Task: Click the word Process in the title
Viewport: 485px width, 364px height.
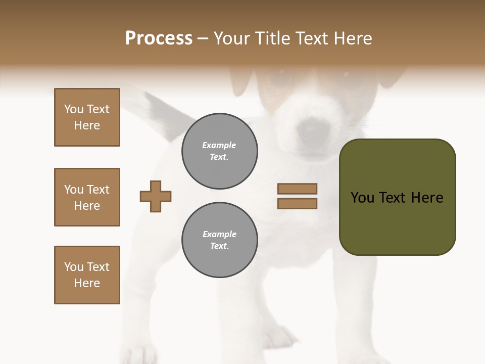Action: click(x=159, y=38)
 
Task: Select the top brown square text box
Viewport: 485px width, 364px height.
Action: click(x=87, y=117)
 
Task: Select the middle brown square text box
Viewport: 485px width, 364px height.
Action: click(x=87, y=197)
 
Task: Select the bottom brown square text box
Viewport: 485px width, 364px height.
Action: click(x=87, y=275)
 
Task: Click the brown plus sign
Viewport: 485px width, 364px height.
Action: click(x=156, y=196)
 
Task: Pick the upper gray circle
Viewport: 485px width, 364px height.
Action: click(x=220, y=151)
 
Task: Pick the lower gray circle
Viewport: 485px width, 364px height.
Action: click(x=220, y=240)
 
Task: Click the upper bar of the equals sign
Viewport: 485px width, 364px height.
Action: click(x=297, y=189)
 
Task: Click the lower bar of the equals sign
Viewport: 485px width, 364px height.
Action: click(x=297, y=204)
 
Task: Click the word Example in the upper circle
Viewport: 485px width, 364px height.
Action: click(x=219, y=145)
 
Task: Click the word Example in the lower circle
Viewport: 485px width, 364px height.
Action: click(x=219, y=234)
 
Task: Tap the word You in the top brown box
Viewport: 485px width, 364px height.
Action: click(x=73, y=109)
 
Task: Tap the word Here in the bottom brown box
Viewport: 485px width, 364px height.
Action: click(x=87, y=283)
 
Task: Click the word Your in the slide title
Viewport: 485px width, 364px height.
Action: click(x=233, y=38)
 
